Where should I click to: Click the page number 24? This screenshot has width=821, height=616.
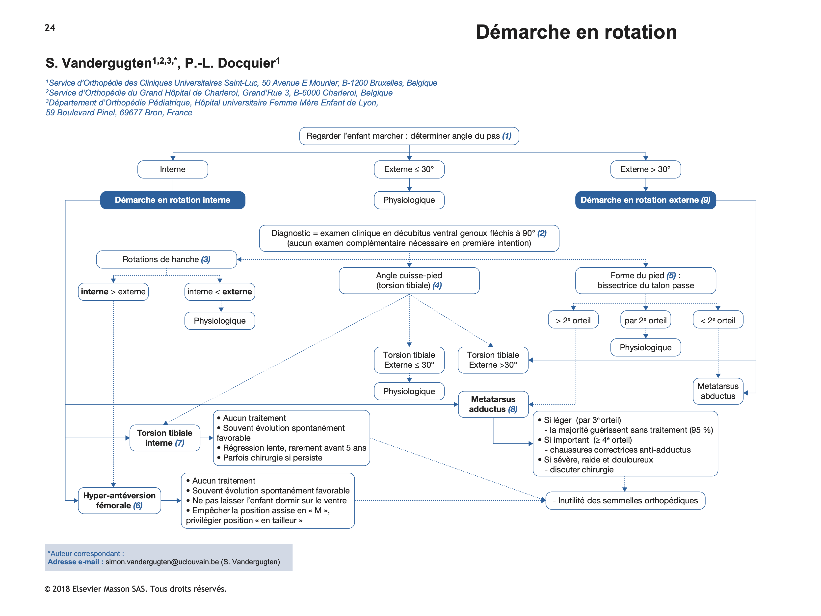tap(50, 28)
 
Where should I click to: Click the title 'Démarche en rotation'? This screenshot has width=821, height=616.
tap(576, 32)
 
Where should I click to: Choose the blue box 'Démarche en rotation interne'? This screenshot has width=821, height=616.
tap(173, 200)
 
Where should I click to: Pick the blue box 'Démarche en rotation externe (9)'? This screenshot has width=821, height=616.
tap(645, 200)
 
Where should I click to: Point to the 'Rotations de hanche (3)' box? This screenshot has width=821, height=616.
tap(166, 260)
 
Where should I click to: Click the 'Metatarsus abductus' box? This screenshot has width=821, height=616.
tap(717, 391)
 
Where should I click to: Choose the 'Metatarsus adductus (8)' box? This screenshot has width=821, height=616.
tap(493, 404)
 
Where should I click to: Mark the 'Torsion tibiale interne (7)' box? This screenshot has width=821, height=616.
tap(165, 438)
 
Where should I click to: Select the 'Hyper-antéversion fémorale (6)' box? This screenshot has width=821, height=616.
tap(119, 501)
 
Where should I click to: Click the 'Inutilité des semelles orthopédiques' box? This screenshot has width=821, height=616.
tap(625, 501)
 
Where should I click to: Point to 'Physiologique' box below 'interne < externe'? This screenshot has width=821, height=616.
tap(219, 321)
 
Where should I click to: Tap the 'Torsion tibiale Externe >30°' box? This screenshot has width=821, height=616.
tap(493, 360)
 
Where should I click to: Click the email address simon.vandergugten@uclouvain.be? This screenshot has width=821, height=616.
tap(162, 562)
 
